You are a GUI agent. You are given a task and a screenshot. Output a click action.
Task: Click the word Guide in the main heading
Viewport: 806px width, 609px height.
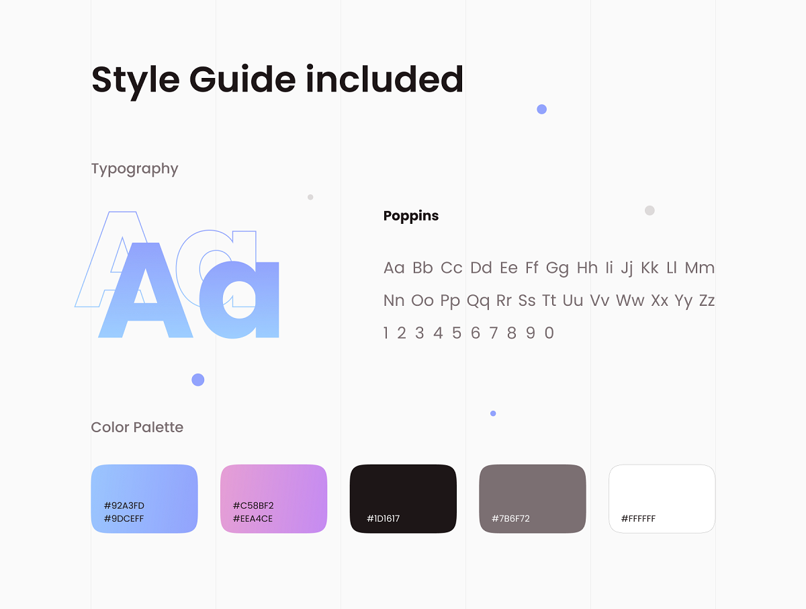pyautogui.click(x=242, y=79)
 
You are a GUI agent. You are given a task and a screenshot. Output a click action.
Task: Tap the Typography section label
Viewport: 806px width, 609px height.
pyautogui.click(x=135, y=169)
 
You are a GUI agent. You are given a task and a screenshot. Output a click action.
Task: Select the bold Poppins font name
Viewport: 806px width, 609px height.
pyautogui.click(x=411, y=216)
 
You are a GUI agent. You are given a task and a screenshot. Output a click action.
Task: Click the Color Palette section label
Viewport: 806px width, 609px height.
pyautogui.click(x=137, y=428)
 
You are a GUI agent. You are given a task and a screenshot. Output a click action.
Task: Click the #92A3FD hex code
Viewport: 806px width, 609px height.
pyautogui.click(x=124, y=505)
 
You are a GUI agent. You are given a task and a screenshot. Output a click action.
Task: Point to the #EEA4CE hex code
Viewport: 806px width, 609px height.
pyautogui.click(x=253, y=519)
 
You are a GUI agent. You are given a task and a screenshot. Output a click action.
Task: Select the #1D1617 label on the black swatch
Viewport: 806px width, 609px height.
pyautogui.click(x=383, y=519)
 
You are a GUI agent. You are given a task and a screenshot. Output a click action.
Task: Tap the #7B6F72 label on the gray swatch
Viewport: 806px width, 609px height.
pyautogui.click(x=510, y=519)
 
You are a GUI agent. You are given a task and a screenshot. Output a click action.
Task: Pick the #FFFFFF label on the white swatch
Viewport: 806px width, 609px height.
pyautogui.click(x=638, y=519)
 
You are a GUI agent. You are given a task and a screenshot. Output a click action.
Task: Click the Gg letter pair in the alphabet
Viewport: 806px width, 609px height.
pyautogui.click(x=557, y=268)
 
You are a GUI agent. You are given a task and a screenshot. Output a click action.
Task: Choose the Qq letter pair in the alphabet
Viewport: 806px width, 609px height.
pyautogui.click(x=478, y=301)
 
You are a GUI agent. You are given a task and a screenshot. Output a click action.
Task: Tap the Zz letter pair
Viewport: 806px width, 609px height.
pyautogui.click(x=707, y=300)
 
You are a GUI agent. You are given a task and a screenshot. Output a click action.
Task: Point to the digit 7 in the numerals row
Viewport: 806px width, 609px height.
pyautogui.click(x=494, y=333)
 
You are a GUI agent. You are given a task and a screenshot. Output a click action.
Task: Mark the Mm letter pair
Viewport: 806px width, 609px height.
pyautogui.click(x=700, y=268)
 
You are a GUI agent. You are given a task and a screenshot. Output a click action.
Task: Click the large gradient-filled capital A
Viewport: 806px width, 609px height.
pyautogui.click(x=145, y=290)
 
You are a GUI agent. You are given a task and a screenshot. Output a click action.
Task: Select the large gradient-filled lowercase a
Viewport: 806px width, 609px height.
pyautogui.click(x=239, y=299)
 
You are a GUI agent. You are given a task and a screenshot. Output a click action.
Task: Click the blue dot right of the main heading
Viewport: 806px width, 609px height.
pyautogui.click(x=541, y=109)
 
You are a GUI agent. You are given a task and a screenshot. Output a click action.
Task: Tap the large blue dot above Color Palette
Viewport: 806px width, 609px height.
pyautogui.click(x=198, y=380)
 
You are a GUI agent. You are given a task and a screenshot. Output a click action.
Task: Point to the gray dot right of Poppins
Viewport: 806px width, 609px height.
pyautogui.click(x=650, y=210)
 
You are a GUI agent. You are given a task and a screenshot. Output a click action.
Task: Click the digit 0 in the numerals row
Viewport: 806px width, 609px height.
pyautogui.click(x=549, y=333)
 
